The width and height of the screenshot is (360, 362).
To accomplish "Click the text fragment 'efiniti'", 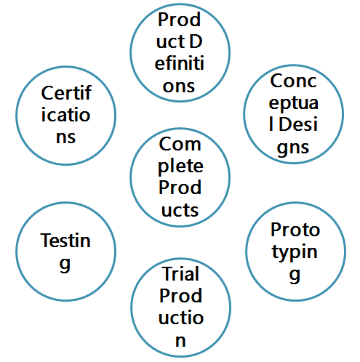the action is pos(180,63).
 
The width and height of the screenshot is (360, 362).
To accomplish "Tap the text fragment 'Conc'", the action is pos(293,81).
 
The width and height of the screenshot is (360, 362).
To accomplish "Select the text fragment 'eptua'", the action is pos(293,104).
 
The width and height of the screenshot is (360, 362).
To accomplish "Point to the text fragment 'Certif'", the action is pos(66,93).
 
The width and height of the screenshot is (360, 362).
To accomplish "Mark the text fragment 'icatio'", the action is pos(65,115).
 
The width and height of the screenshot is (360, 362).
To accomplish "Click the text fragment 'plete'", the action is pos(180,167).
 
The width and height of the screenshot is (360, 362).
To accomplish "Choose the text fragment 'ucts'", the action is pos(180,210).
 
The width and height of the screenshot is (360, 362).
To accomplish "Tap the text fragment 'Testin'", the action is pos(65,241).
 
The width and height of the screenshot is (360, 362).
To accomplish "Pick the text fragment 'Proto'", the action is pos(295,230).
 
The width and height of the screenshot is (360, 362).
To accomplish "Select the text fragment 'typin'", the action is pos(295,252).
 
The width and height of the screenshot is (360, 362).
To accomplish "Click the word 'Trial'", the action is pos(181,274).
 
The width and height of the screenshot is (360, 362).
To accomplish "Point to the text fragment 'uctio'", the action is pos(181,318).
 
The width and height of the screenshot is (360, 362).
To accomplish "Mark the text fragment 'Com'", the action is pos(180,144).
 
